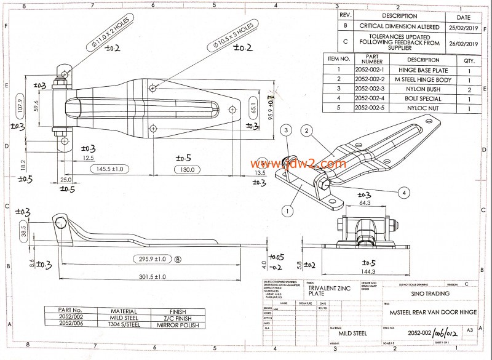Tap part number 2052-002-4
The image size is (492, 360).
(x=372, y=98)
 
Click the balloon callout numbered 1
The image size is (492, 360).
(x=287, y=210)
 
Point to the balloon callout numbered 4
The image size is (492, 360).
(x=402, y=191)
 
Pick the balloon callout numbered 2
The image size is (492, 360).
(x=307, y=130)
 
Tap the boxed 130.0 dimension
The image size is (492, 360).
(x=187, y=169)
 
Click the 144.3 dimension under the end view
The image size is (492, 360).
(x=369, y=271)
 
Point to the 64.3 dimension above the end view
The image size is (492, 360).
(x=365, y=202)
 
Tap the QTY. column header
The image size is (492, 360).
(x=469, y=60)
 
